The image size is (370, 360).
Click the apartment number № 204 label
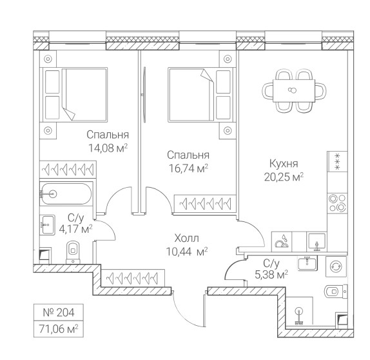pyautogui.click(x=59, y=312)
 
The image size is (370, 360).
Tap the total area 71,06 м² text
pyautogui.click(x=59, y=328)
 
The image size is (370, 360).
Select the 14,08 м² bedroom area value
pyautogui.click(x=108, y=148)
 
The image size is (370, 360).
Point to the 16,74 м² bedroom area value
pyautogui.click(x=188, y=168)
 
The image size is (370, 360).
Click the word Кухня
pyautogui.click(x=284, y=163)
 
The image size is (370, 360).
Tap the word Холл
pyautogui.click(x=187, y=238)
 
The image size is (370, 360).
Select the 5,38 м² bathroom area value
pyautogui.click(x=271, y=275)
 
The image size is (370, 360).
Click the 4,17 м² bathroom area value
pyautogui.click(x=75, y=229)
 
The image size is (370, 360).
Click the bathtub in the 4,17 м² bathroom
pyautogui.click(x=66, y=194)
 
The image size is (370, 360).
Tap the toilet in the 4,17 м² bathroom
pyautogui.click(x=73, y=252)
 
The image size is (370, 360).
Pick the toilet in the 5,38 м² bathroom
pyautogui.click(x=336, y=292)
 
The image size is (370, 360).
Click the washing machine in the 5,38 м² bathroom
pyautogui.click(x=336, y=266)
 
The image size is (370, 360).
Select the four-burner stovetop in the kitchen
pyautogui.click(x=337, y=203)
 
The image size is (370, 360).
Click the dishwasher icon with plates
pyautogui.click(x=282, y=241)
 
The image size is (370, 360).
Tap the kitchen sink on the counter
pyautogui.click(x=316, y=241)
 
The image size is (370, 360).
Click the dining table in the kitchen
pyautogui.click(x=294, y=91)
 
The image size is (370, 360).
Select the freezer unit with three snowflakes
pyautogui.click(x=337, y=161)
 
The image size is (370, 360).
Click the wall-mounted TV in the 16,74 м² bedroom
pyautogui.click(x=144, y=95)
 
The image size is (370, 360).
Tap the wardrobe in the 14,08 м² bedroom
pyautogui.click(x=68, y=170)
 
